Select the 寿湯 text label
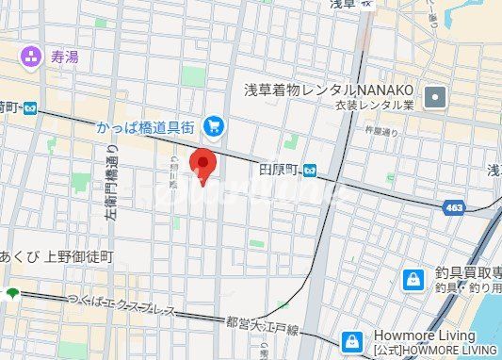click(x=63, y=57)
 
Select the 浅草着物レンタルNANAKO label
click(x=329, y=90)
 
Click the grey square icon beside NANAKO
click(x=435, y=96)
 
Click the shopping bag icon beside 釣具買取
click(x=413, y=279)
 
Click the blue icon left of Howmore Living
click(x=351, y=340)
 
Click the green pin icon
click(x=12, y=293)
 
